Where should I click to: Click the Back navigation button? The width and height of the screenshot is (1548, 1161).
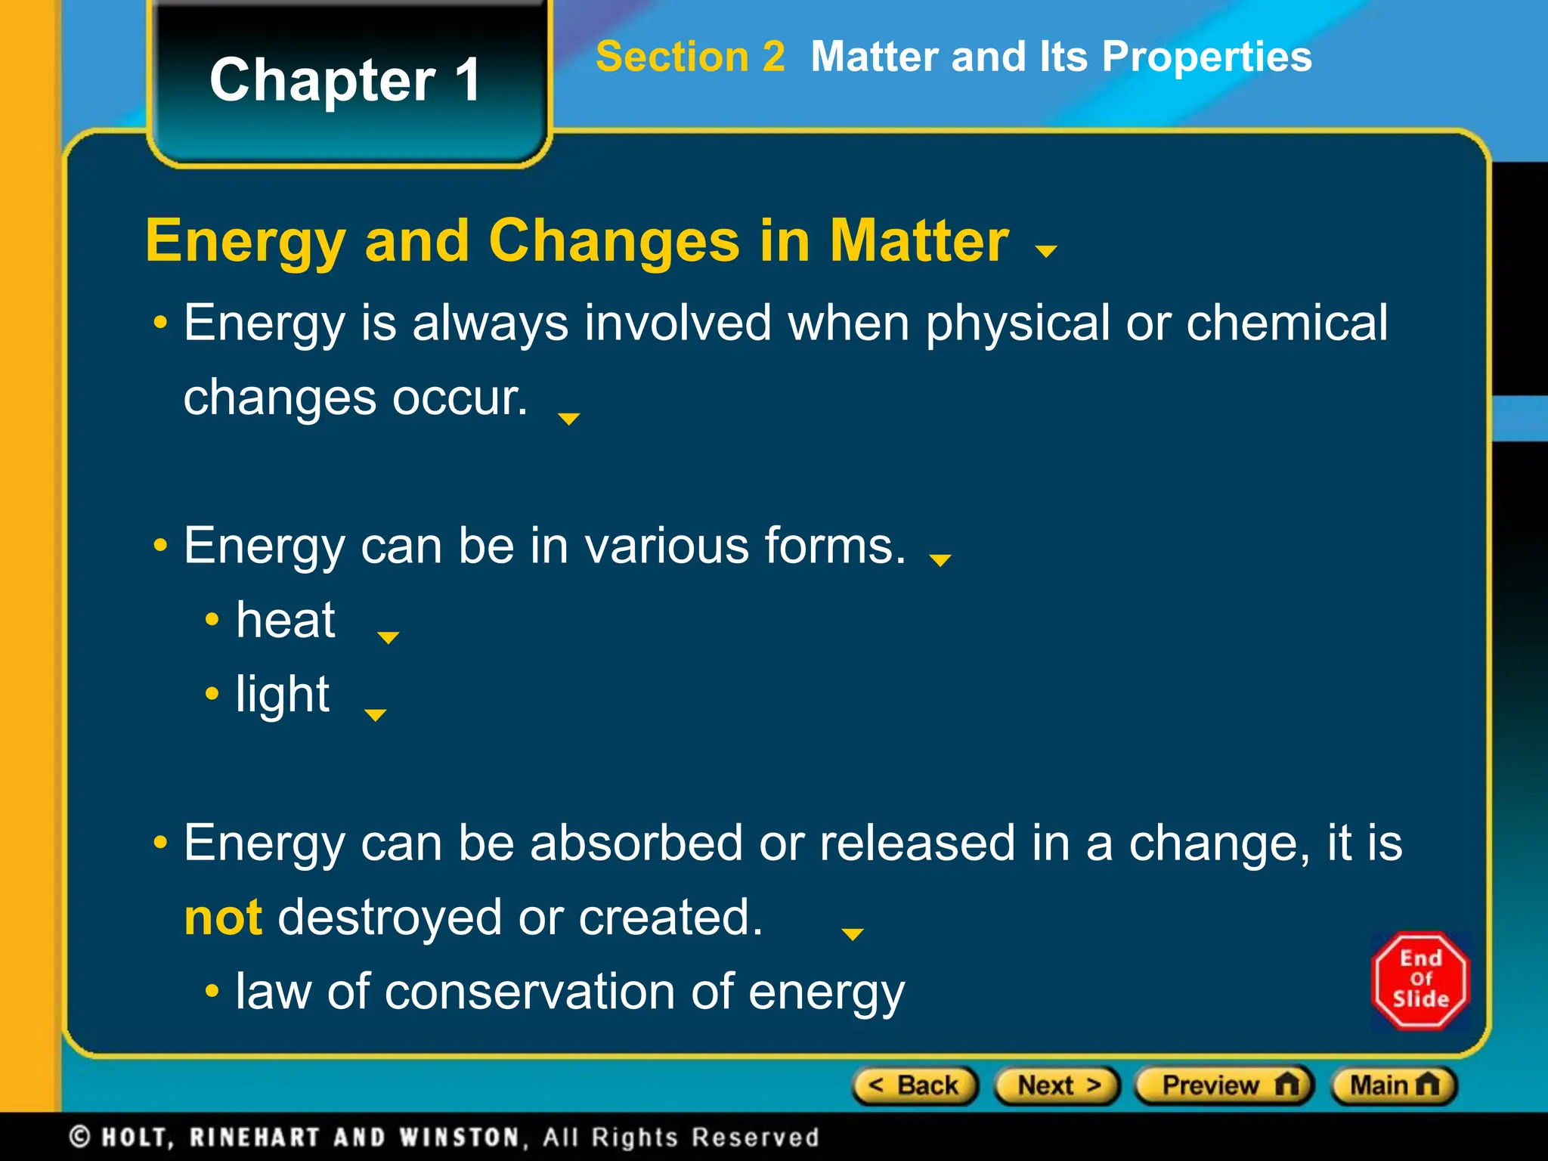(x=915, y=1086)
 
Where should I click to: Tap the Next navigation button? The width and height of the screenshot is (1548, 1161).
(x=1057, y=1086)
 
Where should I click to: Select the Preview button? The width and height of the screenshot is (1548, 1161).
(x=1224, y=1086)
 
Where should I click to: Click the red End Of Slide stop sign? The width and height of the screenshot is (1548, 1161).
(x=1420, y=980)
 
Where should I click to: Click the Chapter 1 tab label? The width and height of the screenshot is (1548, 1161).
(x=345, y=80)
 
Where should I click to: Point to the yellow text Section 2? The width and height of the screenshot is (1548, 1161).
(x=690, y=57)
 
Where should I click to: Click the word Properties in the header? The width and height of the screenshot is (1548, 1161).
(x=1206, y=57)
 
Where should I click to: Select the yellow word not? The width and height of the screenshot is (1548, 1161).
(x=223, y=918)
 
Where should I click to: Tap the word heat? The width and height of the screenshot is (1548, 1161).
(x=286, y=621)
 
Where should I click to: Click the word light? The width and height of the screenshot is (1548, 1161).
(x=282, y=695)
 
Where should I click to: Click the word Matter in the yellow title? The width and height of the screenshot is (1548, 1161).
(x=919, y=241)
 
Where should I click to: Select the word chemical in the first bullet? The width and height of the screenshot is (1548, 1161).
(x=1286, y=324)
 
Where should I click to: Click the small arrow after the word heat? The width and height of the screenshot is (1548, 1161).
(x=388, y=638)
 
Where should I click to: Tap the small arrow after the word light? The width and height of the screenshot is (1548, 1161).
(x=375, y=715)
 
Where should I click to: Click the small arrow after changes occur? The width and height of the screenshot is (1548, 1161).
(x=568, y=419)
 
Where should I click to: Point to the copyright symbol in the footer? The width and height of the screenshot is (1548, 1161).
(x=80, y=1137)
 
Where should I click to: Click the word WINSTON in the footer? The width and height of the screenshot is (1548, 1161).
(x=459, y=1137)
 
